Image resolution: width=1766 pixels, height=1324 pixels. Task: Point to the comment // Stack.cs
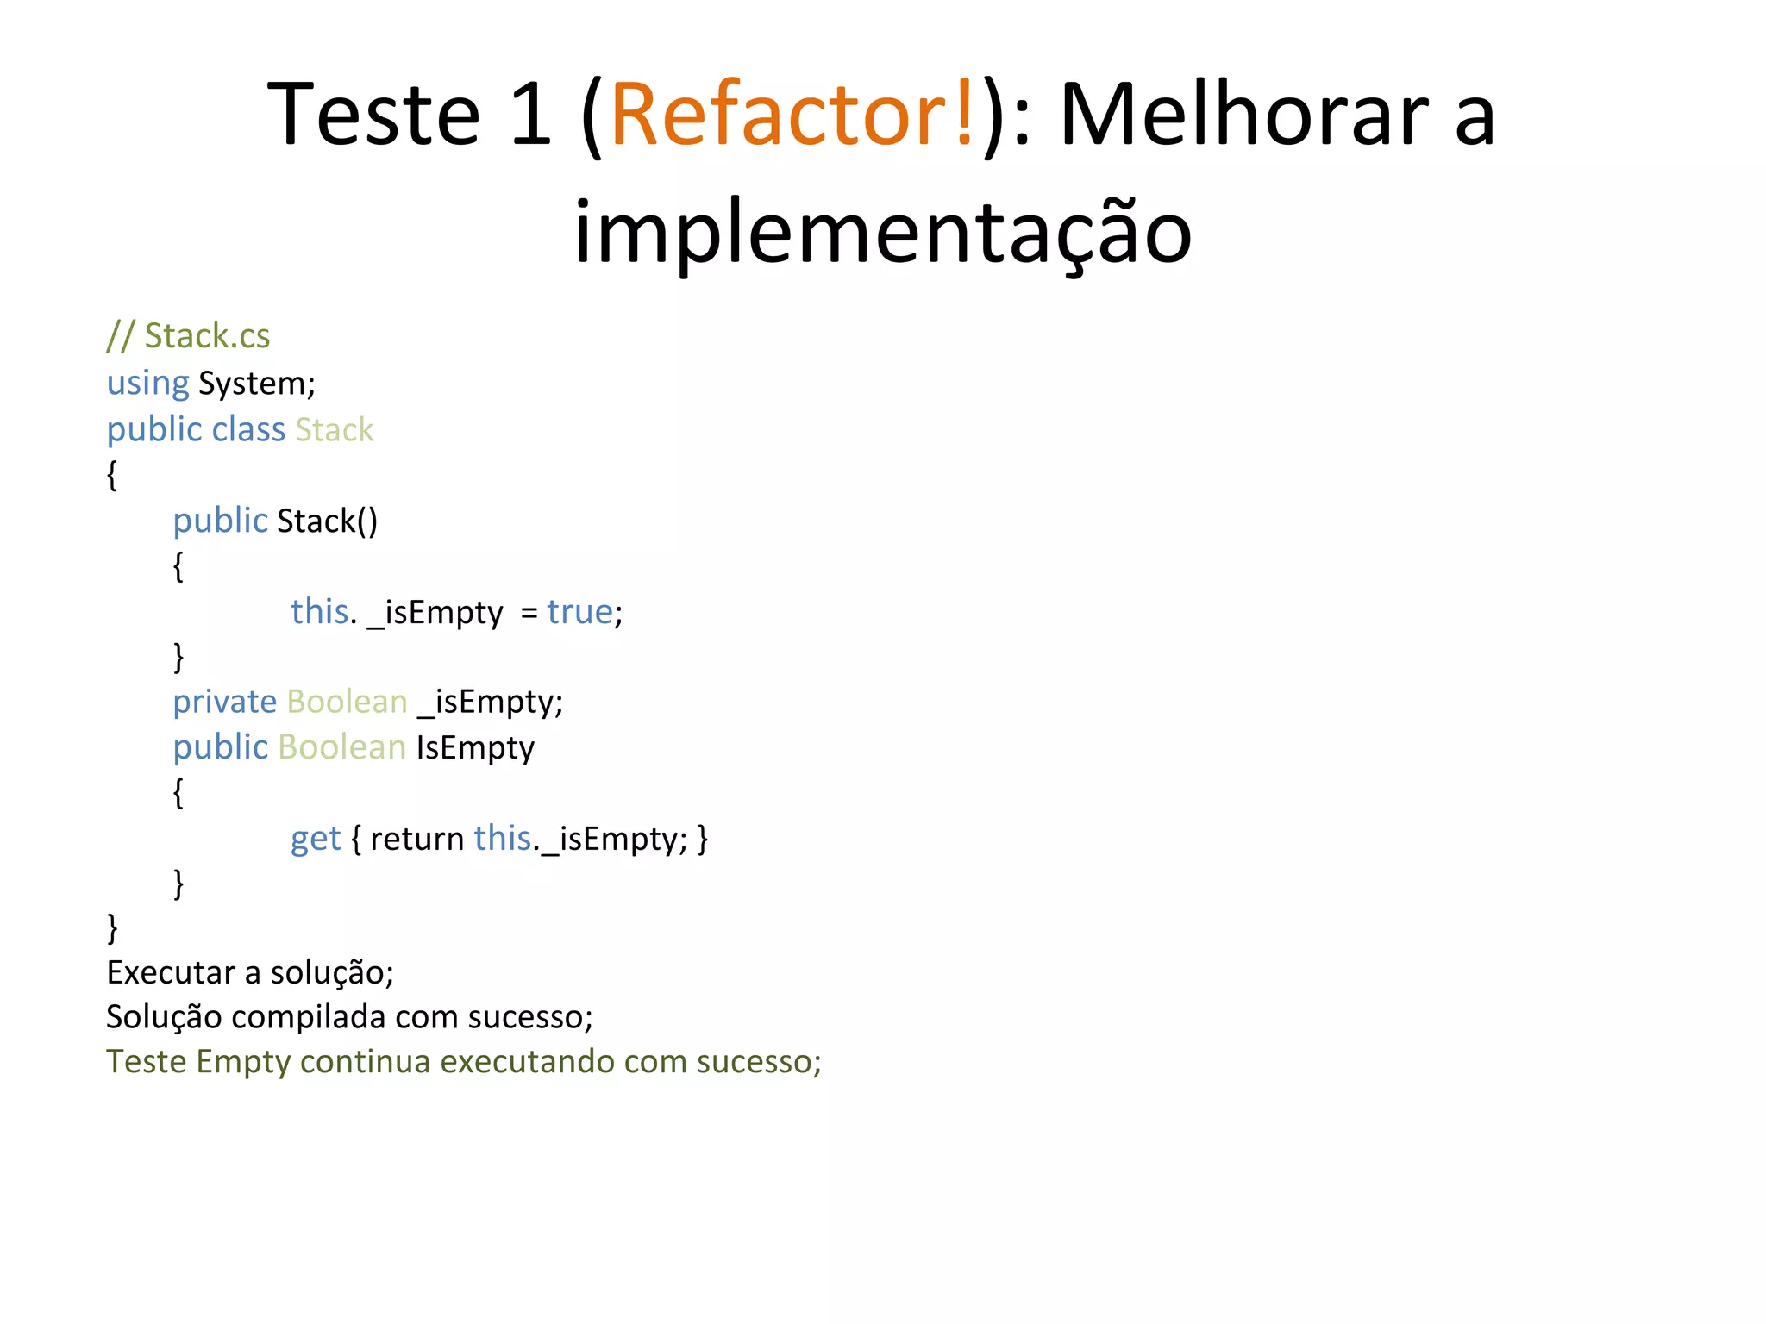coord(188,335)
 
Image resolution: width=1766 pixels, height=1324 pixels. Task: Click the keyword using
coord(147,383)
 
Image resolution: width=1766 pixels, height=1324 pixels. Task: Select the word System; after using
coord(257,383)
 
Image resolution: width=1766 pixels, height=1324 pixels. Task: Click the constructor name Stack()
coord(327,521)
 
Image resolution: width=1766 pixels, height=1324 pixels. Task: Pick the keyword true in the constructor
coord(579,611)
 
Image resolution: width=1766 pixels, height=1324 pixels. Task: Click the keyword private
coord(224,702)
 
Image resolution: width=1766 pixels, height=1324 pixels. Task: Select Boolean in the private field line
coord(347,702)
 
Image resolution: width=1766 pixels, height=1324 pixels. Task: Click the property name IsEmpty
coord(475,747)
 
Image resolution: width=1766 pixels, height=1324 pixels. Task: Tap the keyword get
coord(316,838)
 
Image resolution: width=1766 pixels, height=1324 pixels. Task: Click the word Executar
coord(171,972)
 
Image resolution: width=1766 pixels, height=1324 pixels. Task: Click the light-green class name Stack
coord(335,429)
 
